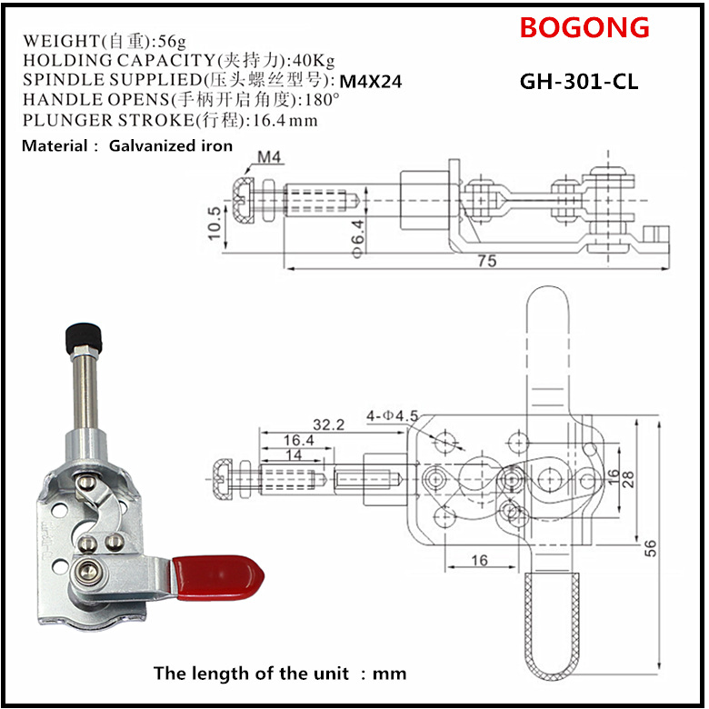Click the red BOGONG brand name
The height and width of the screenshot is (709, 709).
pyautogui.click(x=584, y=27)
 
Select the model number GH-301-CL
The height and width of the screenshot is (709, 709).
pyautogui.click(x=579, y=82)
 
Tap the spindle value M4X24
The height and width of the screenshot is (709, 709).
pyautogui.click(x=370, y=82)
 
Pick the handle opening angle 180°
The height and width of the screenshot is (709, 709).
pyautogui.click(x=322, y=99)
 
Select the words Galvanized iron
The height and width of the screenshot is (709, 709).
pyautogui.click(x=171, y=145)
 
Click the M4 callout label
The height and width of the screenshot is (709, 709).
pyautogui.click(x=269, y=157)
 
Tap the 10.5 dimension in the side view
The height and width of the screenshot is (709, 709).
pyautogui.click(x=215, y=223)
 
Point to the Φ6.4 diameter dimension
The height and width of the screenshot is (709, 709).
pyautogui.click(x=357, y=239)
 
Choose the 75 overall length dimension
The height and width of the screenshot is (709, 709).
pyautogui.click(x=487, y=261)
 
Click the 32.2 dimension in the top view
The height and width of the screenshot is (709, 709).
pyautogui.click(x=329, y=424)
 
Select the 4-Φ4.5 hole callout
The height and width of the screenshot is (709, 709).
pyautogui.click(x=392, y=415)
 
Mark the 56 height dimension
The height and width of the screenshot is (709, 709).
pyautogui.click(x=650, y=548)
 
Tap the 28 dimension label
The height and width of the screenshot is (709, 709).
pyautogui.click(x=628, y=479)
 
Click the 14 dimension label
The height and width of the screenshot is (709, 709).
pyautogui.click(x=294, y=454)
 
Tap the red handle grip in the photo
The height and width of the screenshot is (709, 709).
pyautogui.click(x=217, y=578)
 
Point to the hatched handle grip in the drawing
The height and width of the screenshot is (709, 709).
pyautogui.click(x=553, y=627)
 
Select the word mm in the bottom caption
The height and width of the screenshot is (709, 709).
pyautogui.click(x=389, y=674)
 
